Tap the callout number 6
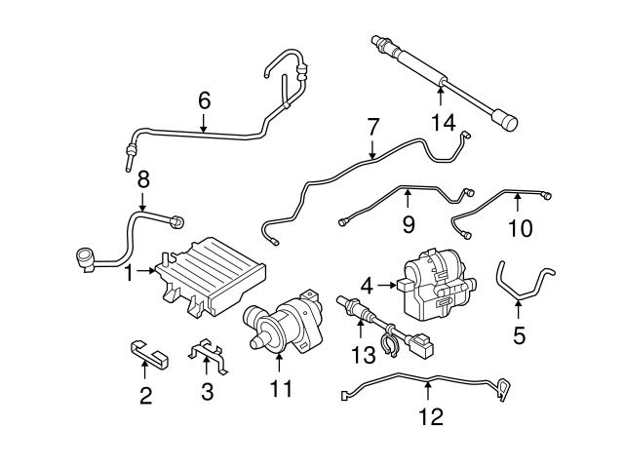204,100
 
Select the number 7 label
371,127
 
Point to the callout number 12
430,417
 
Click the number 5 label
519,336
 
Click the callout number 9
409,225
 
